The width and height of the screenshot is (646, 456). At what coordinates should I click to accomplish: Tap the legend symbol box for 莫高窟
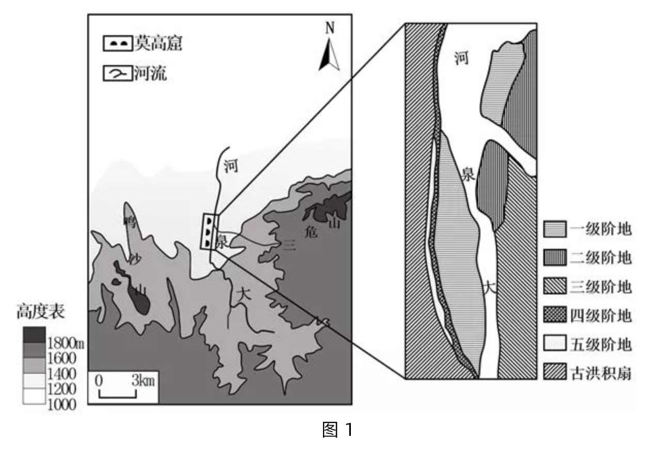pyautogui.click(x=118, y=44)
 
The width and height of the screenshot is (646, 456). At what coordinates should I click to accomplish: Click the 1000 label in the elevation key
pyautogui.click(x=61, y=404)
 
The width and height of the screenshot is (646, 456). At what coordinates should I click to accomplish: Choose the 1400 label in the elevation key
pyautogui.click(x=61, y=373)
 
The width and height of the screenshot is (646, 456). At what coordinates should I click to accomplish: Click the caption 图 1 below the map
pyautogui.click(x=338, y=430)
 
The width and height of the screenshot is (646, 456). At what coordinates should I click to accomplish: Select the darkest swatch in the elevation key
pyautogui.click(x=34, y=335)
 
